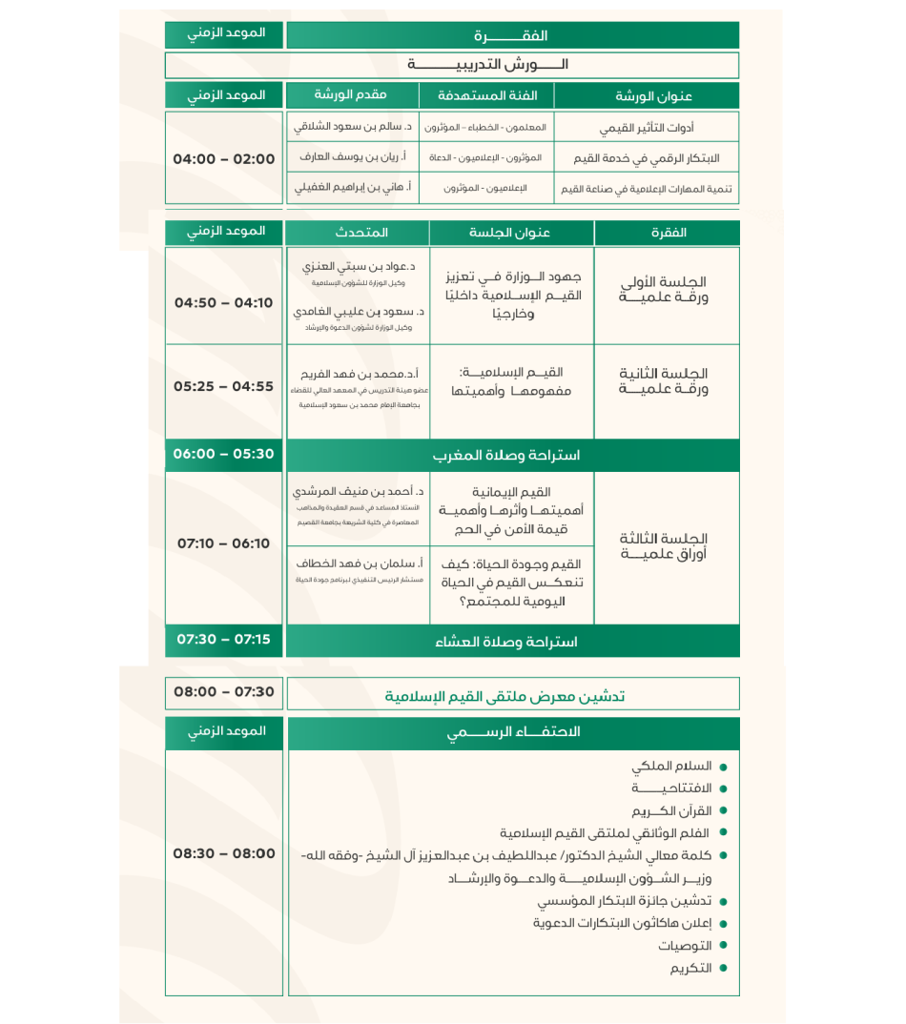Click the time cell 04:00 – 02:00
click(x=224, y=159)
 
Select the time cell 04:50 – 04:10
click(x=224, y=303)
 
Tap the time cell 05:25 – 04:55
click(x=224, y=387)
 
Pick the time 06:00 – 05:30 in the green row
click(x=224, y=455)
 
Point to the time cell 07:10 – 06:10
click(x=224, y=543)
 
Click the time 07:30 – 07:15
click(x=224, y=640)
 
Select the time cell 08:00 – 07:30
click(x=224, y=692)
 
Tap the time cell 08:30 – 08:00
click(x=224, y=854)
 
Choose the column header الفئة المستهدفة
click(x=487, y=96)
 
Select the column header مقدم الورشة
click(x=350, y=95)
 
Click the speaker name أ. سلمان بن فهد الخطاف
click(x=360, y=563)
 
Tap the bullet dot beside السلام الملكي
click(x=723, y=768)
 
